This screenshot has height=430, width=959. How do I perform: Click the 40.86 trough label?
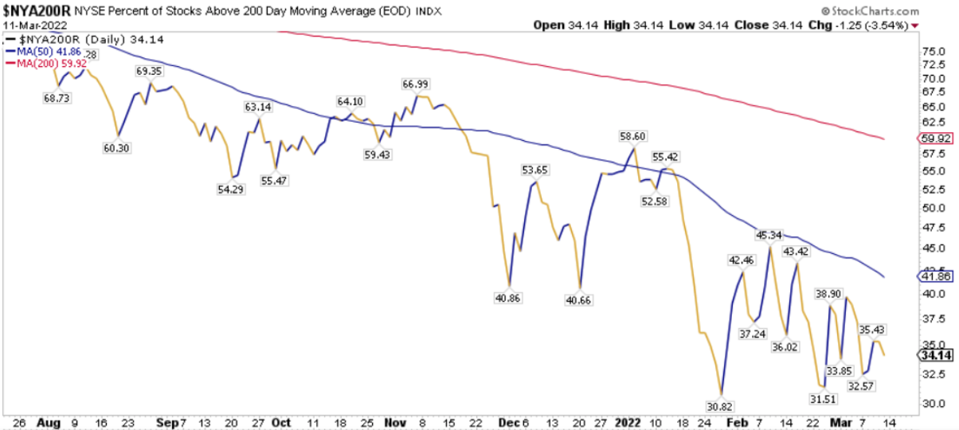click(508, 298)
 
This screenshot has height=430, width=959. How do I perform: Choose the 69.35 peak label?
click(150, 71)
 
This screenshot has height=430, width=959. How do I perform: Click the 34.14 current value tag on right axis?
click(932, 355)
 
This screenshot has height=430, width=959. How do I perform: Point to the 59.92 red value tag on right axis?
click(931, 138)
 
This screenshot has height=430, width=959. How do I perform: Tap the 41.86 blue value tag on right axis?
click(931, 276)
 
